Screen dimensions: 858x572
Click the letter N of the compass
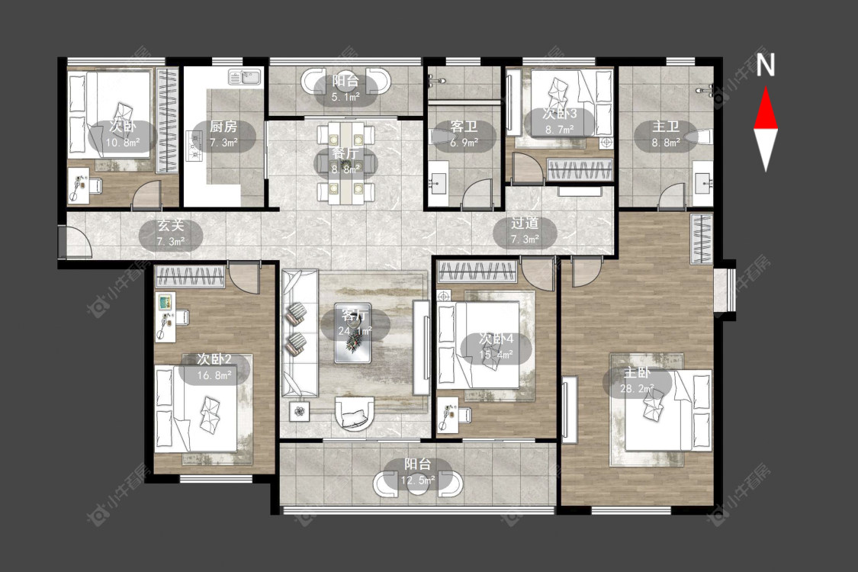[x=766, y=65]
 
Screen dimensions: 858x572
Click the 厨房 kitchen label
[x=223, y=127]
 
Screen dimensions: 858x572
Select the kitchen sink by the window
[x=245, y=78]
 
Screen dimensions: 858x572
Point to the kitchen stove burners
[x=194, y=146]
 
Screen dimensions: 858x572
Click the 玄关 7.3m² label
[x=171, y=233]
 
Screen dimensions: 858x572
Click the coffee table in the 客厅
[x=352, y=333]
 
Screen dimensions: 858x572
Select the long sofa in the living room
[x=299, y=333]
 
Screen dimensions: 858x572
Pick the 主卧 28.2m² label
[x=637, y=381]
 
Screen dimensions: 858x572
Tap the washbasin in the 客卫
[x=439, y=180]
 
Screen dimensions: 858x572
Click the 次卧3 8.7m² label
[x=559, y=121]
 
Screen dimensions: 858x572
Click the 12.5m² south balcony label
[x=418, y=473]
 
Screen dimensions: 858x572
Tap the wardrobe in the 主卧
[x=702, y=239]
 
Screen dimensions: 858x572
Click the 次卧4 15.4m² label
[x=496, y=347]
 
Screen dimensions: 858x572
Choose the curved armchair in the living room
[x=355, y=413]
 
